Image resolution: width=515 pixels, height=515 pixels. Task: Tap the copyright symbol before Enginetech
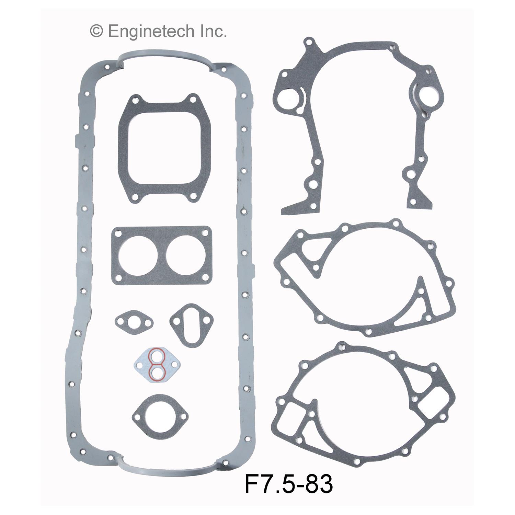click(x=96, y=32)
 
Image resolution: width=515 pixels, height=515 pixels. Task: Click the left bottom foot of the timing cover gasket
click(x=295, y=208)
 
